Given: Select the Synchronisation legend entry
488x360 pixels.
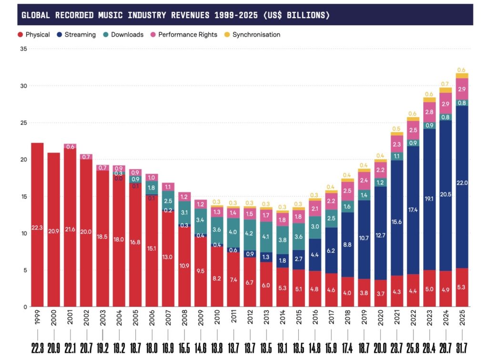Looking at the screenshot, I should (256, 35).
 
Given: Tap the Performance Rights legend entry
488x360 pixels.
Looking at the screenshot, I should (187, 35).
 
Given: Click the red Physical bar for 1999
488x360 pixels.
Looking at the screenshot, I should (37, 224).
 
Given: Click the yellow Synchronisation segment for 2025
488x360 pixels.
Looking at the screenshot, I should (462, 76).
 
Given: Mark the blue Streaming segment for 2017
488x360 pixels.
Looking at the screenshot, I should (331, 250).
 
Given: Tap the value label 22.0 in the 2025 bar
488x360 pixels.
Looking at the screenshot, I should (462, 183).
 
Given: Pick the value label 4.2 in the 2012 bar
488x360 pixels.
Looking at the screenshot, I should (250, 234).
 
